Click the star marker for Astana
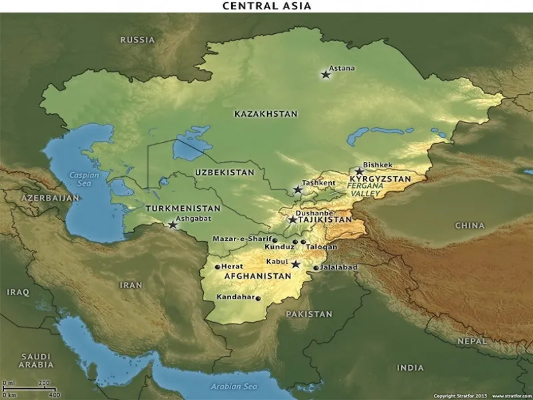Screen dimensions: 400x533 [x=326, y=75]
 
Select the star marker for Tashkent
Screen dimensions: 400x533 [x=298, y=190]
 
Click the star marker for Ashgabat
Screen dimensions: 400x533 [x=173, y=225]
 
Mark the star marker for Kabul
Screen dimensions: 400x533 [x=296, y=265]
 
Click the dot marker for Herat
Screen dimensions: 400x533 [x=217, y=267]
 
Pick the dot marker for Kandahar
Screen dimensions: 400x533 [x=259, y=298]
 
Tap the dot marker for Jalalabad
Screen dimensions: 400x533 [x=316, y=268]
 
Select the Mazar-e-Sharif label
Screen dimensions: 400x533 [x=242, y=239]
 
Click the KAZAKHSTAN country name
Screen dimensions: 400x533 [x=266, y=115]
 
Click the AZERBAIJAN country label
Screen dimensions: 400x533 [x=50, y=198]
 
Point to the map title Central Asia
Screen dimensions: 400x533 [x=266, y=6]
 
